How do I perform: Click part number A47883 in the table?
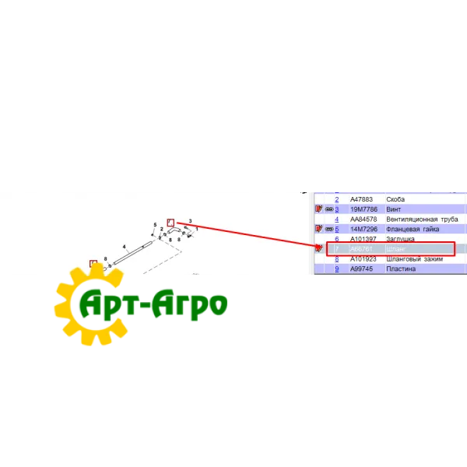click(x=363, y=200)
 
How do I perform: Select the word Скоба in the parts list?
click(x=395, y=200)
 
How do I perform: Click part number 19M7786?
click(x=363, y=210)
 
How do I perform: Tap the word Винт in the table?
click(x=395, y=210)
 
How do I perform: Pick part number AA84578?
click(x=364, y=219)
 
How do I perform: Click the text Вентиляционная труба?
click(x=423, y=219)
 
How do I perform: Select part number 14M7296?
click(x=363, y=230)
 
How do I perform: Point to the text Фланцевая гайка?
click(x=412, y=230)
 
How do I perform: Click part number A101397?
click(x=363, y=239)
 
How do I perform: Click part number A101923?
click(x=363, y=259)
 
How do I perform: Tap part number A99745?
click(x=362, y=269)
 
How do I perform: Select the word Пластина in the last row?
click(x=401, y=269)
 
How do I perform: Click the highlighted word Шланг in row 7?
click(x=395, y=249)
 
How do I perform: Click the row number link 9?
click(x=337, y=269)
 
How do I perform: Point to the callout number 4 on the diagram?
click(x=124, y=247)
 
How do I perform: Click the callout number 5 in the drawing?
click(x=155, y=225)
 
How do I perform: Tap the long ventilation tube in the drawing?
click(x=133, y=254)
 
